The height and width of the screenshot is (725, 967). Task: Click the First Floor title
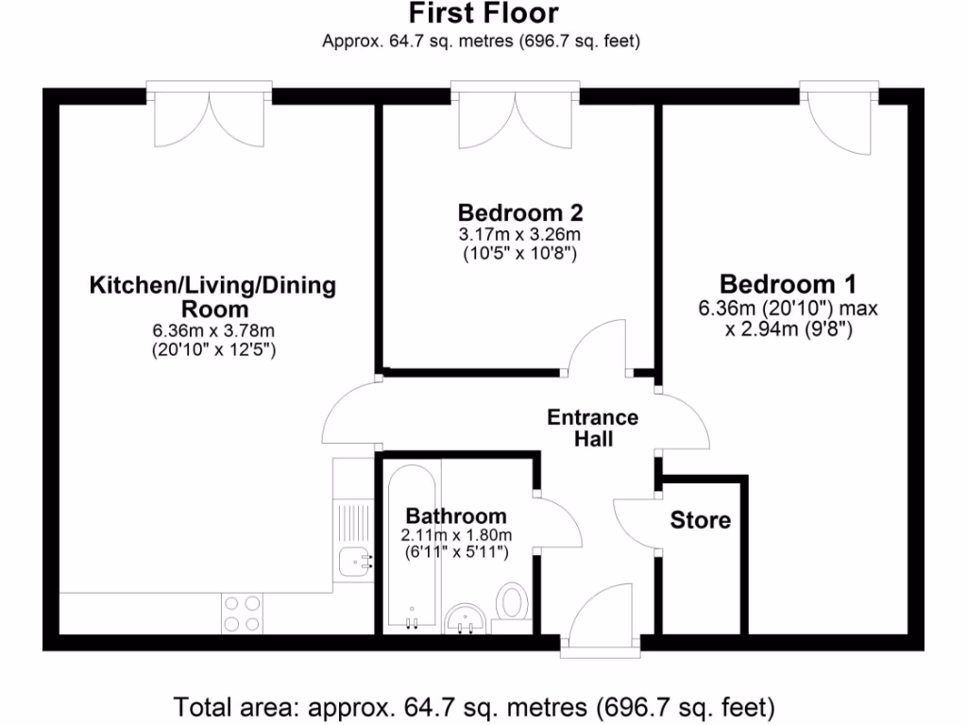pos(483,14)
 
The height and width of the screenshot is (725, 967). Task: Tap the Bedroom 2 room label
pos(519,211)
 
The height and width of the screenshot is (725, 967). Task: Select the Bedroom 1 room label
pos(788,284)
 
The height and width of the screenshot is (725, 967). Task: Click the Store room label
pos(701,520)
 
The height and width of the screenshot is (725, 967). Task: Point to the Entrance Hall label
pos(593,428)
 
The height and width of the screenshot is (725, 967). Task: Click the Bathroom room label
pos(456,516)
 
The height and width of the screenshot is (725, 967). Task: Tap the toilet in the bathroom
pos(512,601)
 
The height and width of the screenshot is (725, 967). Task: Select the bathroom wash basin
pos(465,619)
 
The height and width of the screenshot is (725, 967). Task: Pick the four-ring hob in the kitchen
pos(241,614)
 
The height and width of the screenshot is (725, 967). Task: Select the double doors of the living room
pos(210,118)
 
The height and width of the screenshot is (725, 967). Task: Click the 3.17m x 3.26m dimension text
pos(519,233)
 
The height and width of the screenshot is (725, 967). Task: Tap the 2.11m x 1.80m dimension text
pos(456,534)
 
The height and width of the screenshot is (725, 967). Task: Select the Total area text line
pos(474,706)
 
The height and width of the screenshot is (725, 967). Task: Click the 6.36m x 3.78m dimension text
pos(213,330)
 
